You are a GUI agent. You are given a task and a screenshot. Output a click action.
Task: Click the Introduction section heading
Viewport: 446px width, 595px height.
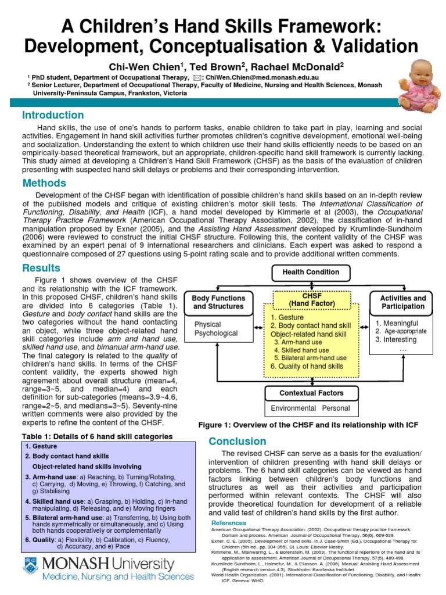click(x=53, y=115)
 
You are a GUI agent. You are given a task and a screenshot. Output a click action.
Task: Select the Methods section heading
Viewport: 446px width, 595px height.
click(x=44, y=183)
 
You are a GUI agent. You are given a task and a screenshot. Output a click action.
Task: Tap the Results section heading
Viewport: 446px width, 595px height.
click(x=41, y=268)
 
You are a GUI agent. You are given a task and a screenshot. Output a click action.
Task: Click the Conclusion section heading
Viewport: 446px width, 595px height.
click(x=237, y=442)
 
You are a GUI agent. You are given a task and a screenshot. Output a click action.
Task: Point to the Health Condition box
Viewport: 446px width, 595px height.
click(x=311, y=272)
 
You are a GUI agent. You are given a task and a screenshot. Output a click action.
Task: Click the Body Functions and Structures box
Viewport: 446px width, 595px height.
click(x=218, y=302)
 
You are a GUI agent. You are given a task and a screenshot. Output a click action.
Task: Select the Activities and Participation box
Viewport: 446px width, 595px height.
click(x=402, y=302)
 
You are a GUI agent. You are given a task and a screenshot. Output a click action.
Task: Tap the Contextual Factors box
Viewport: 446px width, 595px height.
click(x=311, y=393)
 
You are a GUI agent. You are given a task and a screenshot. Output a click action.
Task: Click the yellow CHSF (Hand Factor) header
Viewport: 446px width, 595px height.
click(x=311, y=299)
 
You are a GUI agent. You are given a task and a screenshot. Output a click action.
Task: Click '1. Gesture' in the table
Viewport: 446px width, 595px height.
click(x=41, y=446)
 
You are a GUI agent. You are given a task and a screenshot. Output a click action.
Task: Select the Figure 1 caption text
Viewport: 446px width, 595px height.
click(x=308, y=425)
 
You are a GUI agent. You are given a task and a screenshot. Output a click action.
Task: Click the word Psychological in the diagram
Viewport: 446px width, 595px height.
click(x=216, y=334)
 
